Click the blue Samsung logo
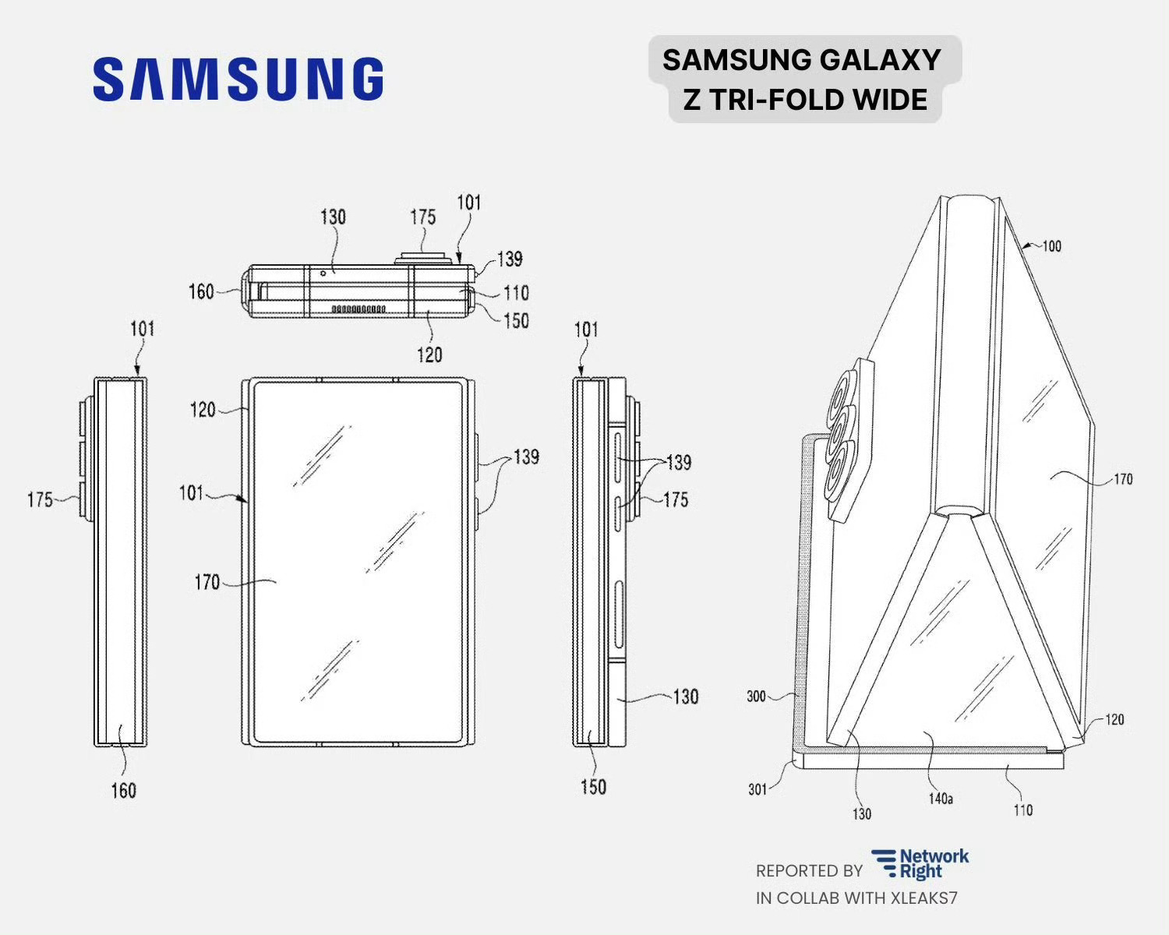238,79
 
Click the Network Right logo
920,863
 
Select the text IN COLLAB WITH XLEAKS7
856,898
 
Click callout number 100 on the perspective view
1051,246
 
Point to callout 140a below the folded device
940,799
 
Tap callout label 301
757,789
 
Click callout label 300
756,696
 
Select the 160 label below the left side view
123,791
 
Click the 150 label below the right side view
593,787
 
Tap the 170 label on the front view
207,581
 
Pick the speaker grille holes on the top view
358,309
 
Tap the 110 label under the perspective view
1022,810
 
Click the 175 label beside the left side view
40,499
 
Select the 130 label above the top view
333,217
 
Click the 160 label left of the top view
200,291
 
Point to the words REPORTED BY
808,870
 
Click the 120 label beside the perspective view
1114,719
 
